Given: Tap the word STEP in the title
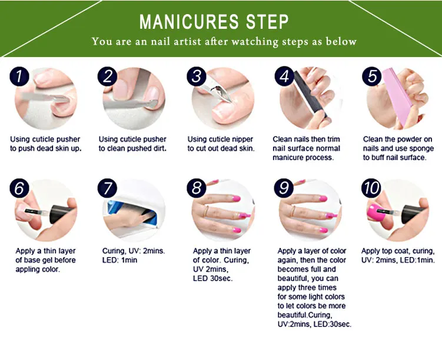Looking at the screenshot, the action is tap(268, 21).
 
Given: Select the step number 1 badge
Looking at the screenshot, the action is tap(19, 76).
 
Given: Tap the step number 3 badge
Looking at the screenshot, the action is tap(197, 76).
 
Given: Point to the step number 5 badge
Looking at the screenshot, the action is tap(372, 76).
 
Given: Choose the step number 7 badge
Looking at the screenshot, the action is tap(107, 188).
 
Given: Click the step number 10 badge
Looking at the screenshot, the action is tap(371, 188).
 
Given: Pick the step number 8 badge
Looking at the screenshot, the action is tap(197, 188).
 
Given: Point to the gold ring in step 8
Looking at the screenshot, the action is tap(206, 211).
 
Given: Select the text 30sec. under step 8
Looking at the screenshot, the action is tap(221, 278).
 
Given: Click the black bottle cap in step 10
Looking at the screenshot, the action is tap(412, 214).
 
